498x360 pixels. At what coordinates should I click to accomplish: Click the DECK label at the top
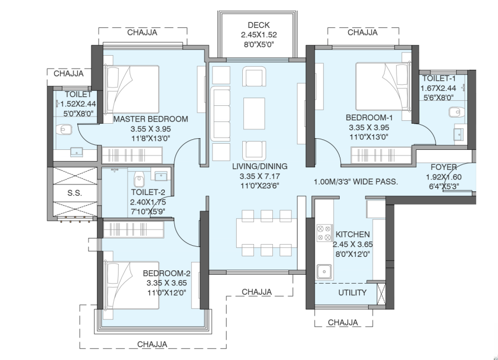tap(258, 25)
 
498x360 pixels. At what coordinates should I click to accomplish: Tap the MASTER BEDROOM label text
tap(150, 119)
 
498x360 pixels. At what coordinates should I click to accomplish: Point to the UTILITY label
tap(352, 293)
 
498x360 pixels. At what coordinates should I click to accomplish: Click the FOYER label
tap(443, 167)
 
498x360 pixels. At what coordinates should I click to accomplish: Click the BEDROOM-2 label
tap(167, 273)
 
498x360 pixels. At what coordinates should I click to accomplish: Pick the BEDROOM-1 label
tap(369, 118)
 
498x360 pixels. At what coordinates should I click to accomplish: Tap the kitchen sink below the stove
tap(324, 271)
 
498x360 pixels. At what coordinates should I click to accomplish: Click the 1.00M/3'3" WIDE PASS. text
tap(355, 182)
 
